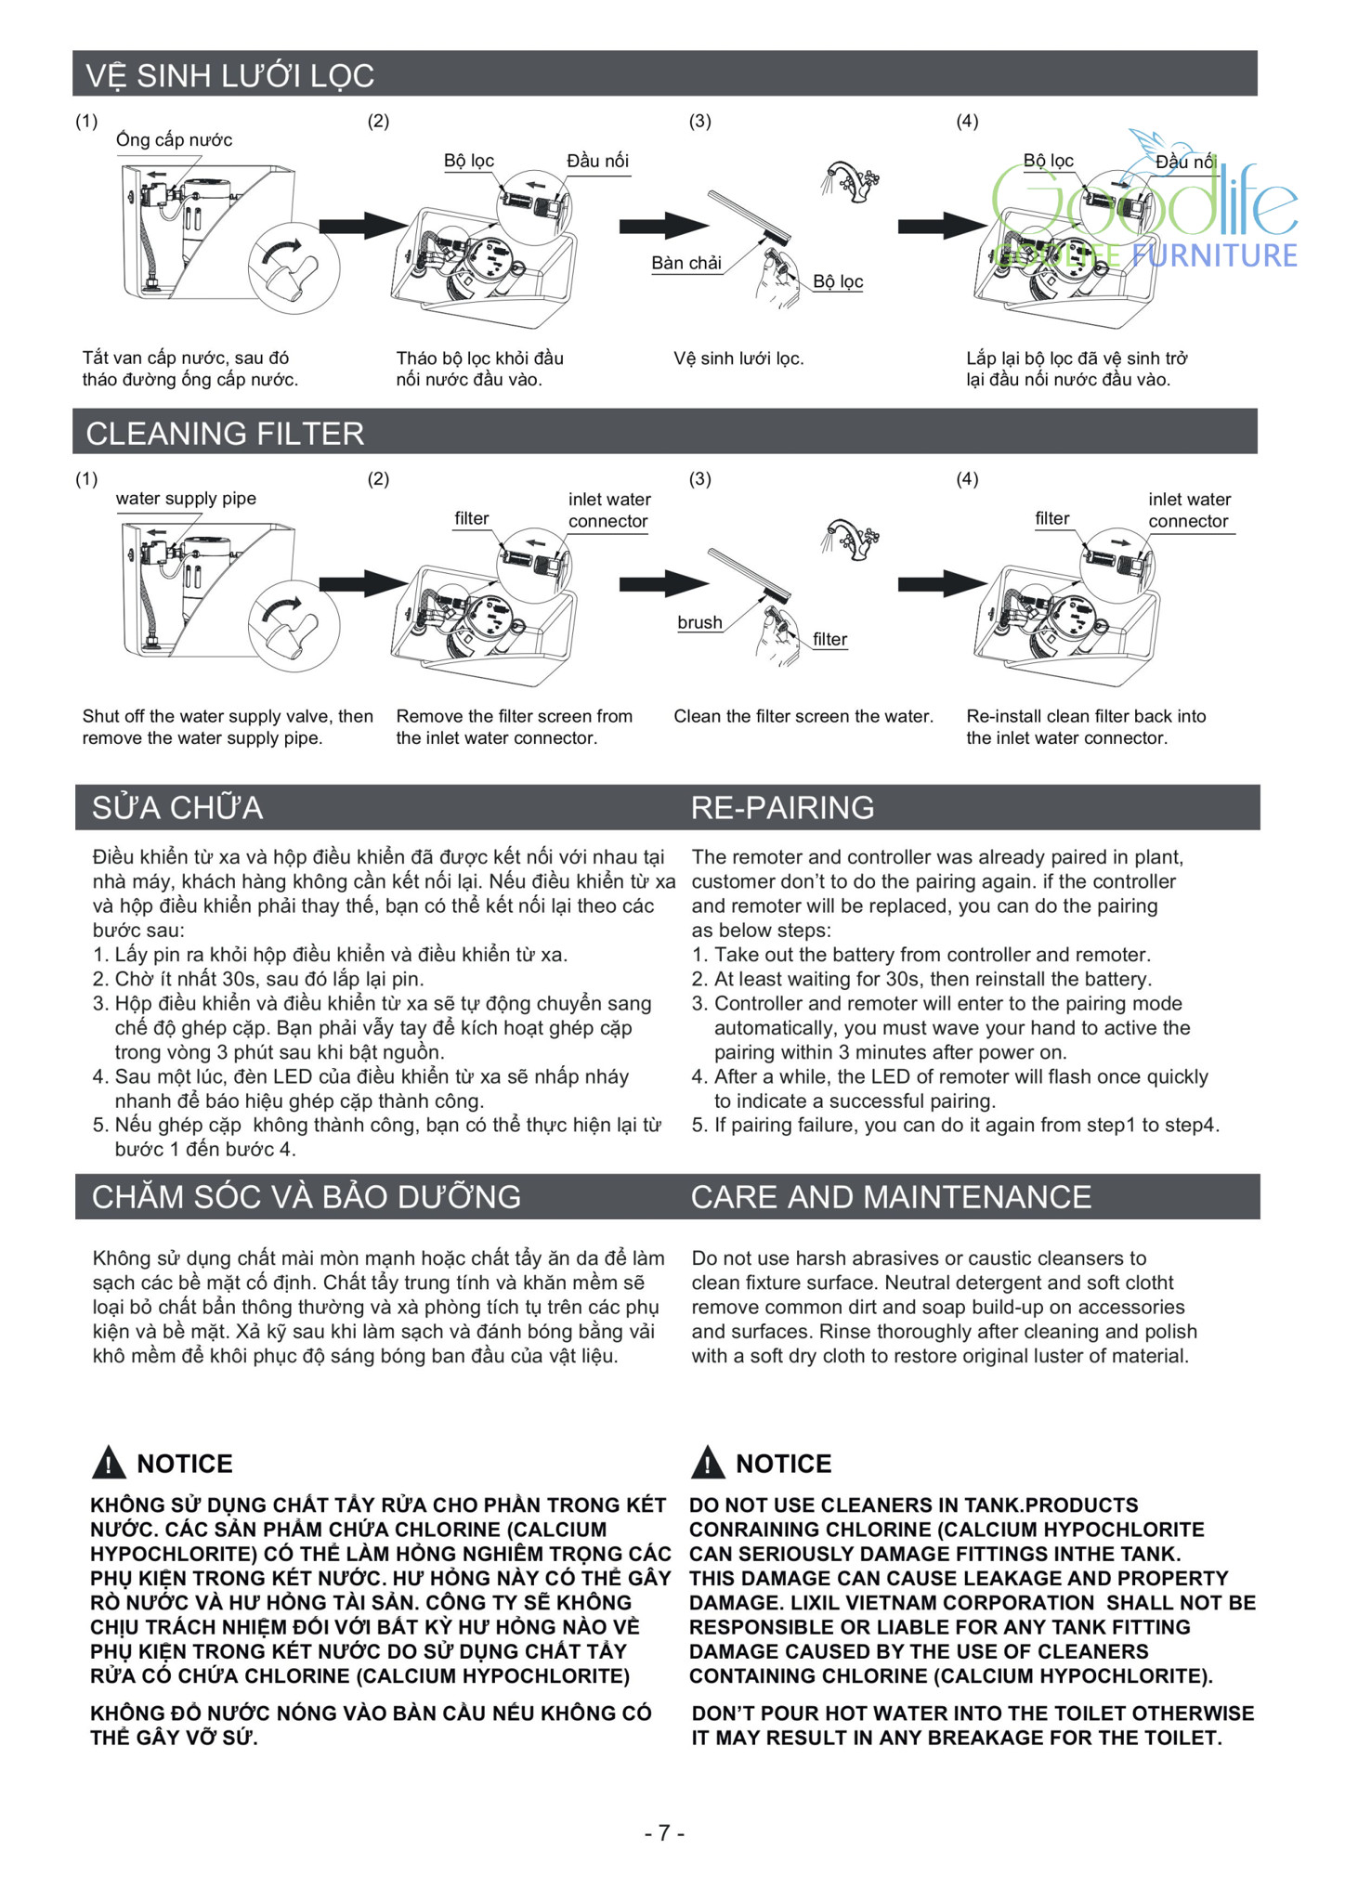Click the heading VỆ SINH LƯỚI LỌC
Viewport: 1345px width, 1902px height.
[x=229, y=75]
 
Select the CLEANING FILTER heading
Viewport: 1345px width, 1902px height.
[x=225, y=434]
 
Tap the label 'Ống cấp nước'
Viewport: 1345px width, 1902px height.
[x=174, y=140]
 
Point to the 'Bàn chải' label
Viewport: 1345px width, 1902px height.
[x=686, y=263]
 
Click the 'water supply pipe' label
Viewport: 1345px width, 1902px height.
[x=186, y=499]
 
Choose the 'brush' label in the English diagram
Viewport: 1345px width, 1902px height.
[x=699, y=622]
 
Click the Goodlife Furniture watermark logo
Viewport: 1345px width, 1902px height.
[x=1147, y=214]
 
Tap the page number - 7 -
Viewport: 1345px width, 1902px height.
[x=664, y=1832]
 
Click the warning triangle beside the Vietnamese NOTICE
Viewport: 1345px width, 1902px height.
[x=109, y=1463]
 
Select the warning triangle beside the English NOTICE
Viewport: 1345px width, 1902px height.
[x=708, y=1463]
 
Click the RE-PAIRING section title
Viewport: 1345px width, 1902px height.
[x=782, y=807]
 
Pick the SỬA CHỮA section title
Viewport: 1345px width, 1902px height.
[x=176, y=807]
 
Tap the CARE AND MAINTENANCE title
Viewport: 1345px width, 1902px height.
[x=891, y=1197]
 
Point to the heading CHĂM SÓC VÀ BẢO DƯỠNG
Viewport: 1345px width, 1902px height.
[x=306, y=1197]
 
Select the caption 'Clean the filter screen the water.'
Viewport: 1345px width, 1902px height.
[x=803, y=716]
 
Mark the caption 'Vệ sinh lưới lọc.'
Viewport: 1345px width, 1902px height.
[x=738, y=358]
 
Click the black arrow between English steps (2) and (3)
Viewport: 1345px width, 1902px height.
[x=662, y=583]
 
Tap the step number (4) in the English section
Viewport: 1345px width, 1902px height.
[x=967, y=479]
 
